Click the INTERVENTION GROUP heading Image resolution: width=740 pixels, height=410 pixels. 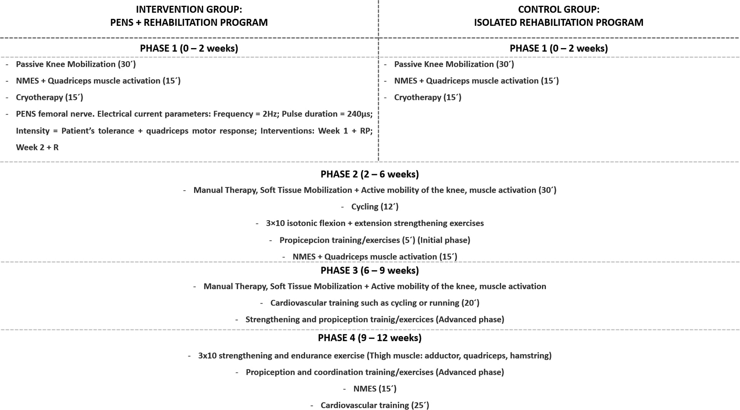pos(189,9)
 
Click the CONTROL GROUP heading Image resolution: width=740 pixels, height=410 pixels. pos(558,9)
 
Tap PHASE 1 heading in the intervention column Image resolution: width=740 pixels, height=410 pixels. pos(189,48)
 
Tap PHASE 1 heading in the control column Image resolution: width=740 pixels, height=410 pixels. pos(558,48)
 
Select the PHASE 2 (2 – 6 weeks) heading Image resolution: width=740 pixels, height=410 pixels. pos(370,174)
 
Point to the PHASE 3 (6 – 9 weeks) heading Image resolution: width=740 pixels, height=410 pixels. pos(370,270)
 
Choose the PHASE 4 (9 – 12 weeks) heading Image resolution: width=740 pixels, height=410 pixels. pos(370,338)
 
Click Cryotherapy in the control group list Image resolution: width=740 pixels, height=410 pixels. pos(427,97)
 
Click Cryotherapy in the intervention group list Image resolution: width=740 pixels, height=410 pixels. pos(49,97)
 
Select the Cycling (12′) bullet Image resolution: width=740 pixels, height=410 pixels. pos(375,207)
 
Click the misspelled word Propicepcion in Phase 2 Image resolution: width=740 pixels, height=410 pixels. pos(305,240)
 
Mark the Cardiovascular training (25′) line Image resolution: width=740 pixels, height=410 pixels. pos(375,405)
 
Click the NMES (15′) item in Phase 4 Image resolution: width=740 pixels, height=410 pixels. pos(375,389)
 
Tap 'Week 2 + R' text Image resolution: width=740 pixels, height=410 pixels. pos(37,147)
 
